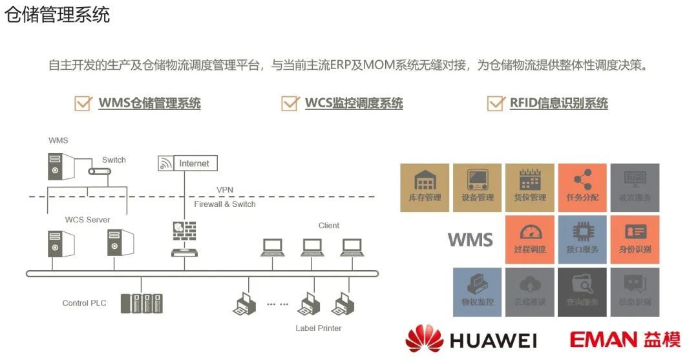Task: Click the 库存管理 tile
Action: [425, 187]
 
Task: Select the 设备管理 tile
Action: [477, 187]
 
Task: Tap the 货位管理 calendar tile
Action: [529, 187]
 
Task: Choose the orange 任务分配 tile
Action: [582, 187]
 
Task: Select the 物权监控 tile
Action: [477, 292]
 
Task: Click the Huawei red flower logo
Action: [424, 339]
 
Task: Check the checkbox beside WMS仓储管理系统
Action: [83, 103]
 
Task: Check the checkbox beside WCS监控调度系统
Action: [290, 103]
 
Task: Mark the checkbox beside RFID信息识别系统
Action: [496, 103]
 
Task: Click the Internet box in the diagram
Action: [194, 164]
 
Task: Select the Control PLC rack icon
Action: [142, 303]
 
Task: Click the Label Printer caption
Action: [319, 328]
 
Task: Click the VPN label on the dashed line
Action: [225, 189]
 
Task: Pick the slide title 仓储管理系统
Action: [57, 14]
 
